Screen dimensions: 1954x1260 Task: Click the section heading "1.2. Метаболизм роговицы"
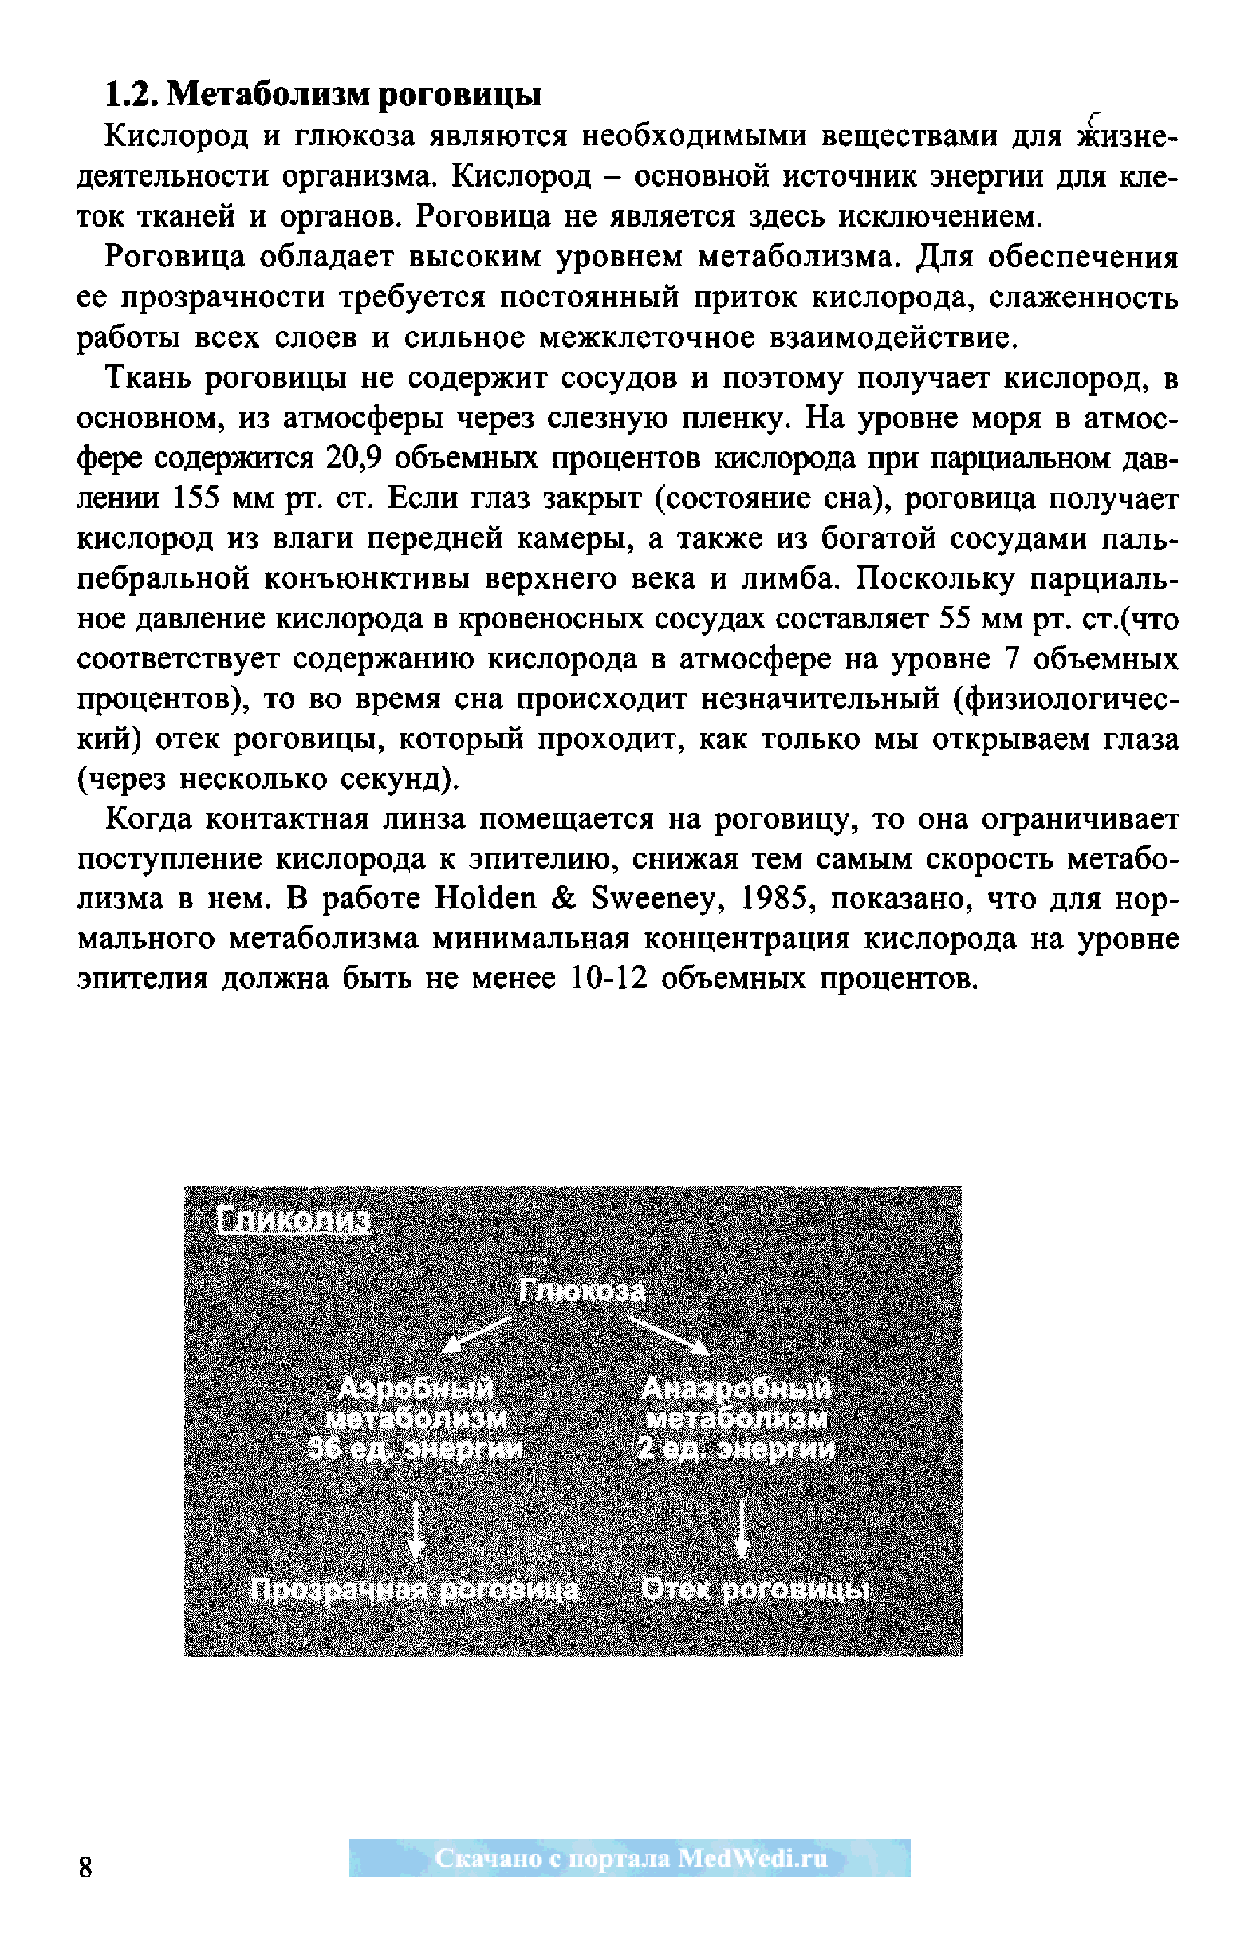[x=323, y=95]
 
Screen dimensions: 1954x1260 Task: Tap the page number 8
[x=85, y=1867]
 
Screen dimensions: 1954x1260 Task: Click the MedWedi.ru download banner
[x=629, y=1857]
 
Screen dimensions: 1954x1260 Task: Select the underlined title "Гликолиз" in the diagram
[x=293, y=1222]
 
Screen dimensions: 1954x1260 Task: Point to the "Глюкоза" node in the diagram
[x=582, y=1291]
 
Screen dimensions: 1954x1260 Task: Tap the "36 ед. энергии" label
[x=415, y=1449]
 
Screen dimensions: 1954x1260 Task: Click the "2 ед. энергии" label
[x=736, y=1449]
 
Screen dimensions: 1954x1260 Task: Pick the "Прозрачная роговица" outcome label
[x=415, y=1590]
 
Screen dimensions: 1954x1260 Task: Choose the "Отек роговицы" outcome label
[x=754, y=1590]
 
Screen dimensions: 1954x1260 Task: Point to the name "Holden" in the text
[x=484, y=900]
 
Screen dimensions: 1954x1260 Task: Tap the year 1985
[x=775, y=900]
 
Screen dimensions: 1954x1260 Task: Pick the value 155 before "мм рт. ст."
[x=196, y=498]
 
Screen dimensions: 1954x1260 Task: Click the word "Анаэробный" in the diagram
[x=736, y=1389]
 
